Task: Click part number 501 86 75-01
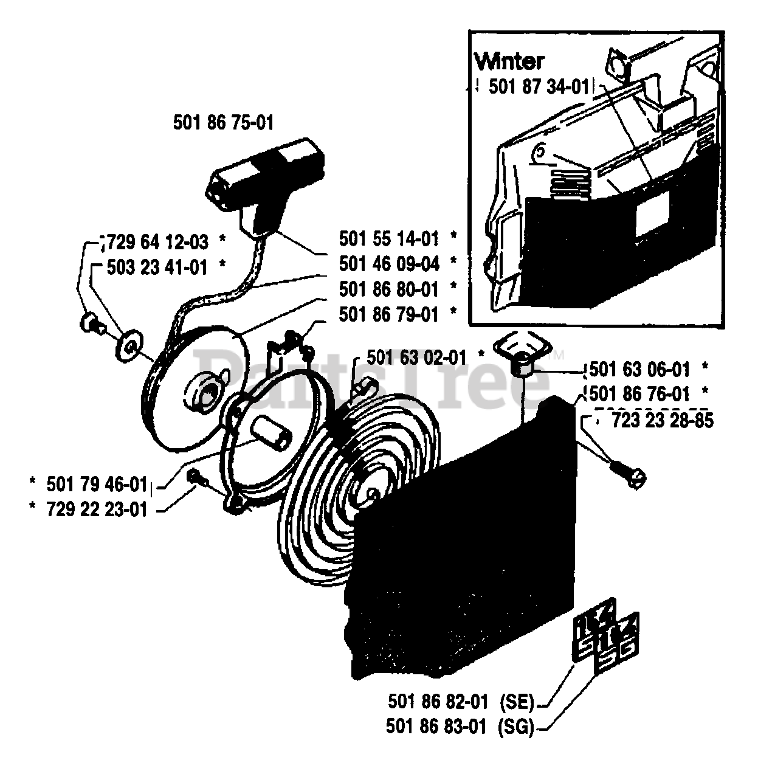[x=223, y=123]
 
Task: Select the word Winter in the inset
[x=509, y=61]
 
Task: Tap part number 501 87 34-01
[x=539, y=87]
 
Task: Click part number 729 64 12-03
[x=158, y=242]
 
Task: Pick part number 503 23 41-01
[x=157, y=267]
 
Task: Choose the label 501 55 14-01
[x=389, y=238]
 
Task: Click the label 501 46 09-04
[x=389, y=263]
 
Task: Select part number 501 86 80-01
[x=389, y=288]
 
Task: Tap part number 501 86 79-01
[x=389, y=314]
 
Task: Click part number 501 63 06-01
[x=640, y=369]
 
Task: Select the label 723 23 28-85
[x=663, y=420]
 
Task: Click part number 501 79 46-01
[x=97, y=484]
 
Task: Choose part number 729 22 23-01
[x=97, y=510]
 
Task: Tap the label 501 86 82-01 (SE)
[x=460, y=702]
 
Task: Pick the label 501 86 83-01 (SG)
[x=460, y=726]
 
